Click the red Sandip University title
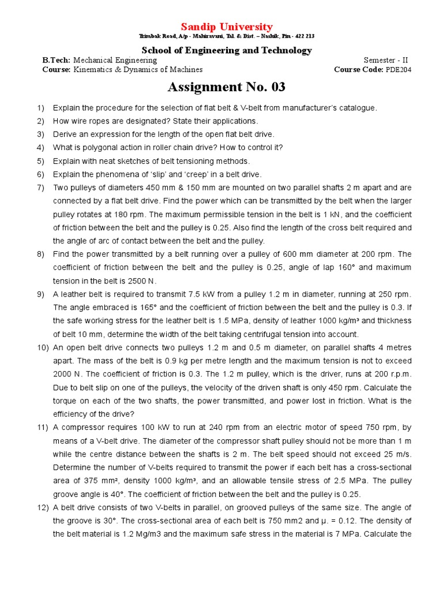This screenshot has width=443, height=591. coord(227,27)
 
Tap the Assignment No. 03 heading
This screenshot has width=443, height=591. coord(227,87)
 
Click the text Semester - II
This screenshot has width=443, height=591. coord(388,60)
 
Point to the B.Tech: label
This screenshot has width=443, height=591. coord(57,60)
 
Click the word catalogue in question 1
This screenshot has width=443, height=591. coord(356,108)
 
